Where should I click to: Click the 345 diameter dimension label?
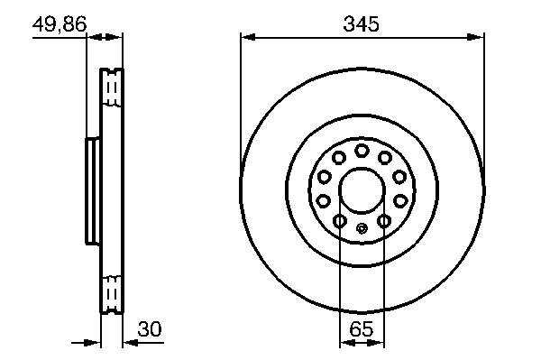pos(362,24)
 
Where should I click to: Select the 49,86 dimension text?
pos(60,24)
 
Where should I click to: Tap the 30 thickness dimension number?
pos(150,328)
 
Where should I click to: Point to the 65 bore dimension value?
pos(362,328)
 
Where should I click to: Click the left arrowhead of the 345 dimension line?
pos(249,37)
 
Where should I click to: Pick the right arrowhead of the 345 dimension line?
pos(475,37)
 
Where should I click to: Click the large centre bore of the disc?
pos(362,190)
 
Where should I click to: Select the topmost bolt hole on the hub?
pos(362,151)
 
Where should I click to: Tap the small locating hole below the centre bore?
pos(362,228)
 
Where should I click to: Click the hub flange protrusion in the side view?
pos(93,191)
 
